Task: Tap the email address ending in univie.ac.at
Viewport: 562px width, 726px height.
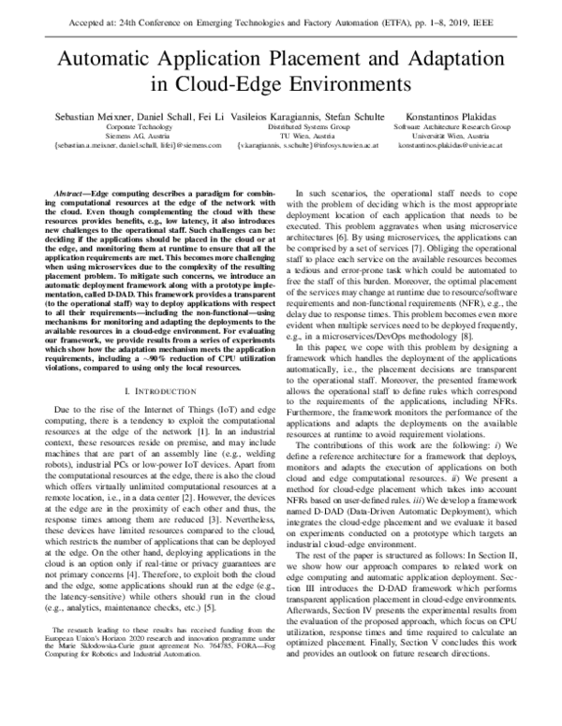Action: pyautogui.click(x=451, y=145)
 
